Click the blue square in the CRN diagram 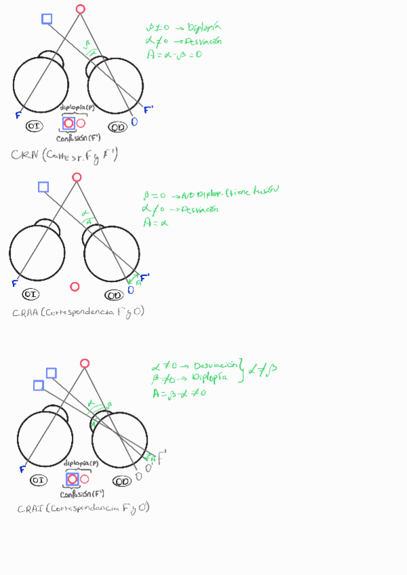click(x=47, y=19)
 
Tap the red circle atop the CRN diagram click(x=81, y=9)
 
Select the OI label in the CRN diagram click(x=34, y=126)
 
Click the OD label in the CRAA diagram click(x=114, y=295)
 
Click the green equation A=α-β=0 click(x=174, y=54)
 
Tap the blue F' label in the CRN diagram click(x=149, y=108)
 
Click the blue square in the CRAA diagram click(x=43, y=186)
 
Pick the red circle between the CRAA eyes click(x=75, y=287)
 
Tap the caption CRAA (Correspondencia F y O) click(x=78, y=313)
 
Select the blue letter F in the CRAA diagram click(x=14, y=283)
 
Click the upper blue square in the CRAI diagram click(x=51, y=372)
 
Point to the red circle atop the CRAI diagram click(x=85, y=363)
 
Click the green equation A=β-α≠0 click(x=179, y=393)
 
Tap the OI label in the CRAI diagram click(x=39, y=480)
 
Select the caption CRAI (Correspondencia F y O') click(x=83, y=509)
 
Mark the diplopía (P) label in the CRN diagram click(x=79, y=108)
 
